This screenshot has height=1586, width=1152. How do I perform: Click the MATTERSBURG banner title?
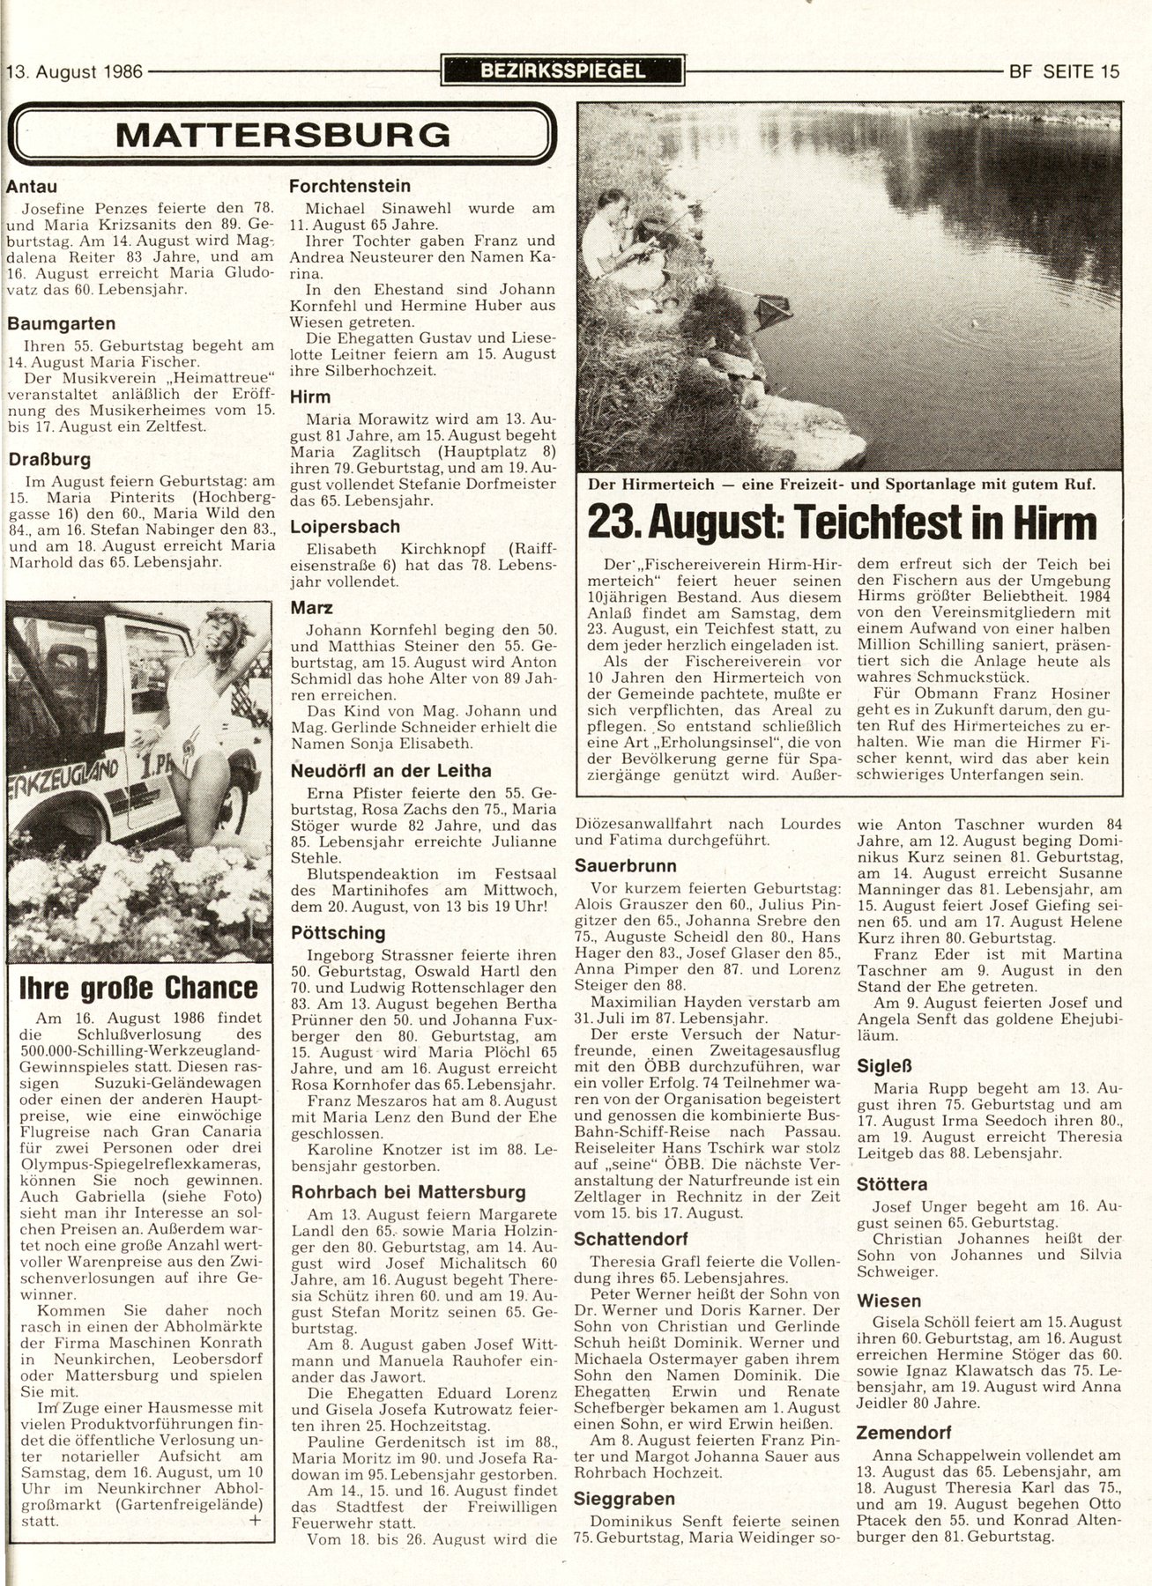tap(282, 134)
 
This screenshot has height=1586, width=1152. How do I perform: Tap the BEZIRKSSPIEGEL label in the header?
tap(563, 71)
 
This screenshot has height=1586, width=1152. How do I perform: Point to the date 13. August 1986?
tap(75, 71)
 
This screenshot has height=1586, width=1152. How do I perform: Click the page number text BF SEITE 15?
tap(1063, 71)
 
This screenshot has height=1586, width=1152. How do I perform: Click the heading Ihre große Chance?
tap(139, 988)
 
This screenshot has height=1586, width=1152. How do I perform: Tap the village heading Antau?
tap(31, 186)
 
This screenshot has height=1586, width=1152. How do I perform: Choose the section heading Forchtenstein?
tap(350, 186)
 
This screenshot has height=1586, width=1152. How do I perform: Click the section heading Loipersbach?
tap(345, 527)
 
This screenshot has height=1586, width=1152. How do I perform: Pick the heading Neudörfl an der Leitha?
tap(391, 771)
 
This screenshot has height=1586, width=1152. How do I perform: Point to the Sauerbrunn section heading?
tap(625, 864)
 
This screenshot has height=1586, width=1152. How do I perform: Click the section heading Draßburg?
tap(49, 459)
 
